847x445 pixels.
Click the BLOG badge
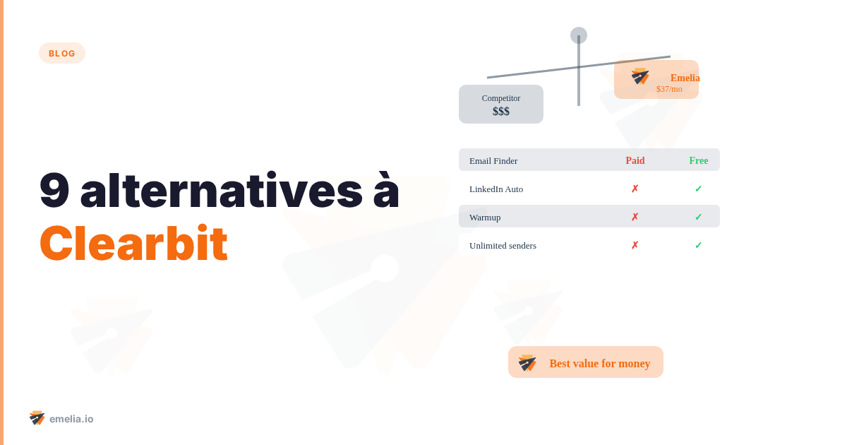click(x=62, y=53)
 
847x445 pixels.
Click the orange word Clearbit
click(x=133, y=244)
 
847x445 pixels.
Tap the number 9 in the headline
click(x=54, y=191)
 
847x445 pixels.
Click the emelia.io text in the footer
click(x=71, y=419)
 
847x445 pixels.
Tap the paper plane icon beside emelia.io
click(x=37, y=418)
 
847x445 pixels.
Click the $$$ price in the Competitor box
click(x=501, y=112)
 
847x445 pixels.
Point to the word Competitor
click(x=501, y=98)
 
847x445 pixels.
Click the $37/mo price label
click(x=669, y=89)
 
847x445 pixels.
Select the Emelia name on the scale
click(x=685, y=78)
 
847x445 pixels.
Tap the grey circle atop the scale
click(x=579, y=35)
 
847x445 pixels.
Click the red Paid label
click(x=635, y=160)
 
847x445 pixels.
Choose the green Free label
click(x=699, y=160)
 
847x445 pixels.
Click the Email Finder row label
click(x=493, y=160)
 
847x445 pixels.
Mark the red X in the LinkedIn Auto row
click(x=635, y=189)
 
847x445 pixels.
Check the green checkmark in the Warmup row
click(x=699, y=217)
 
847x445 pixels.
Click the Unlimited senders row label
click(x=503, y=245)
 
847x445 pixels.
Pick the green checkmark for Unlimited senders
click(x=699, y=245)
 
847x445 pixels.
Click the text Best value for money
click(x=600, y=363)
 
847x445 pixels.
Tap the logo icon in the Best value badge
click(x=527, y=362)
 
